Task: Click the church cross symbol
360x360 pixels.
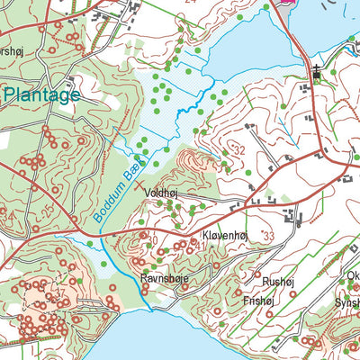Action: [x=316, y=76]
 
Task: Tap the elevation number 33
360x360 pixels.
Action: [x=268, y=236]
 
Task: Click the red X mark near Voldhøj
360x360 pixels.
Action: [x=138, y=189]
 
